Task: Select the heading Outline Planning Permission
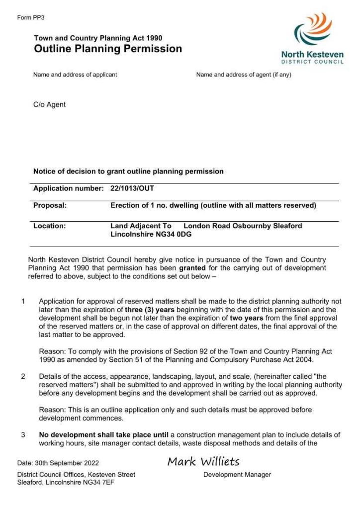(108, 49)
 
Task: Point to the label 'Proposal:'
(50, 205)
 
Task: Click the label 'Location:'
(49, 226)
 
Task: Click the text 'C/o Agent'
(49, 105)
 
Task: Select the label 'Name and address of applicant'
(75, 75)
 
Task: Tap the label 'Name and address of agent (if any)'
(244, 75)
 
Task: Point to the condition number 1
(23, 301)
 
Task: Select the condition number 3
(23, 435)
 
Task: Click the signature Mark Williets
(203, 462)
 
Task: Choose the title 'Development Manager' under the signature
(237, 475)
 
